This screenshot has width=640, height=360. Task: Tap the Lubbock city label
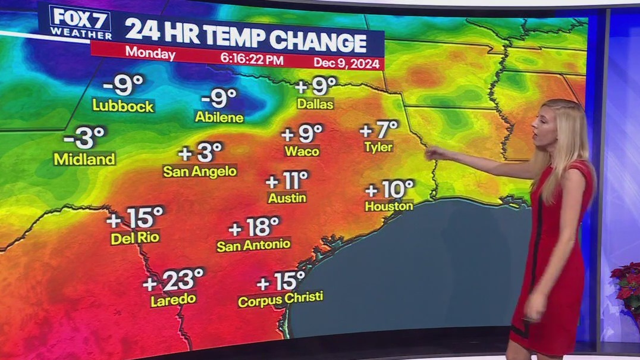[123, 106]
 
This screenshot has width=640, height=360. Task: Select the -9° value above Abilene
[219, 98]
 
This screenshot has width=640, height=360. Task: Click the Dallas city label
[315, 104]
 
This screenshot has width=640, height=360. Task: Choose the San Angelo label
[200, 171]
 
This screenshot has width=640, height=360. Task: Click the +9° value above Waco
[302, 133]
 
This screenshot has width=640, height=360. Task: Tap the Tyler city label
[379, 146]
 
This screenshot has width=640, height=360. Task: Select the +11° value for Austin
[287, 179]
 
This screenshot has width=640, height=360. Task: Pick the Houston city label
[389, 206]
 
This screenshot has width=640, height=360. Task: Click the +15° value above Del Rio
[135, 218]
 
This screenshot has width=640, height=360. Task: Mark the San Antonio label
[253, 245]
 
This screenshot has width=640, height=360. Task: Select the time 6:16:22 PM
[250, 58]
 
